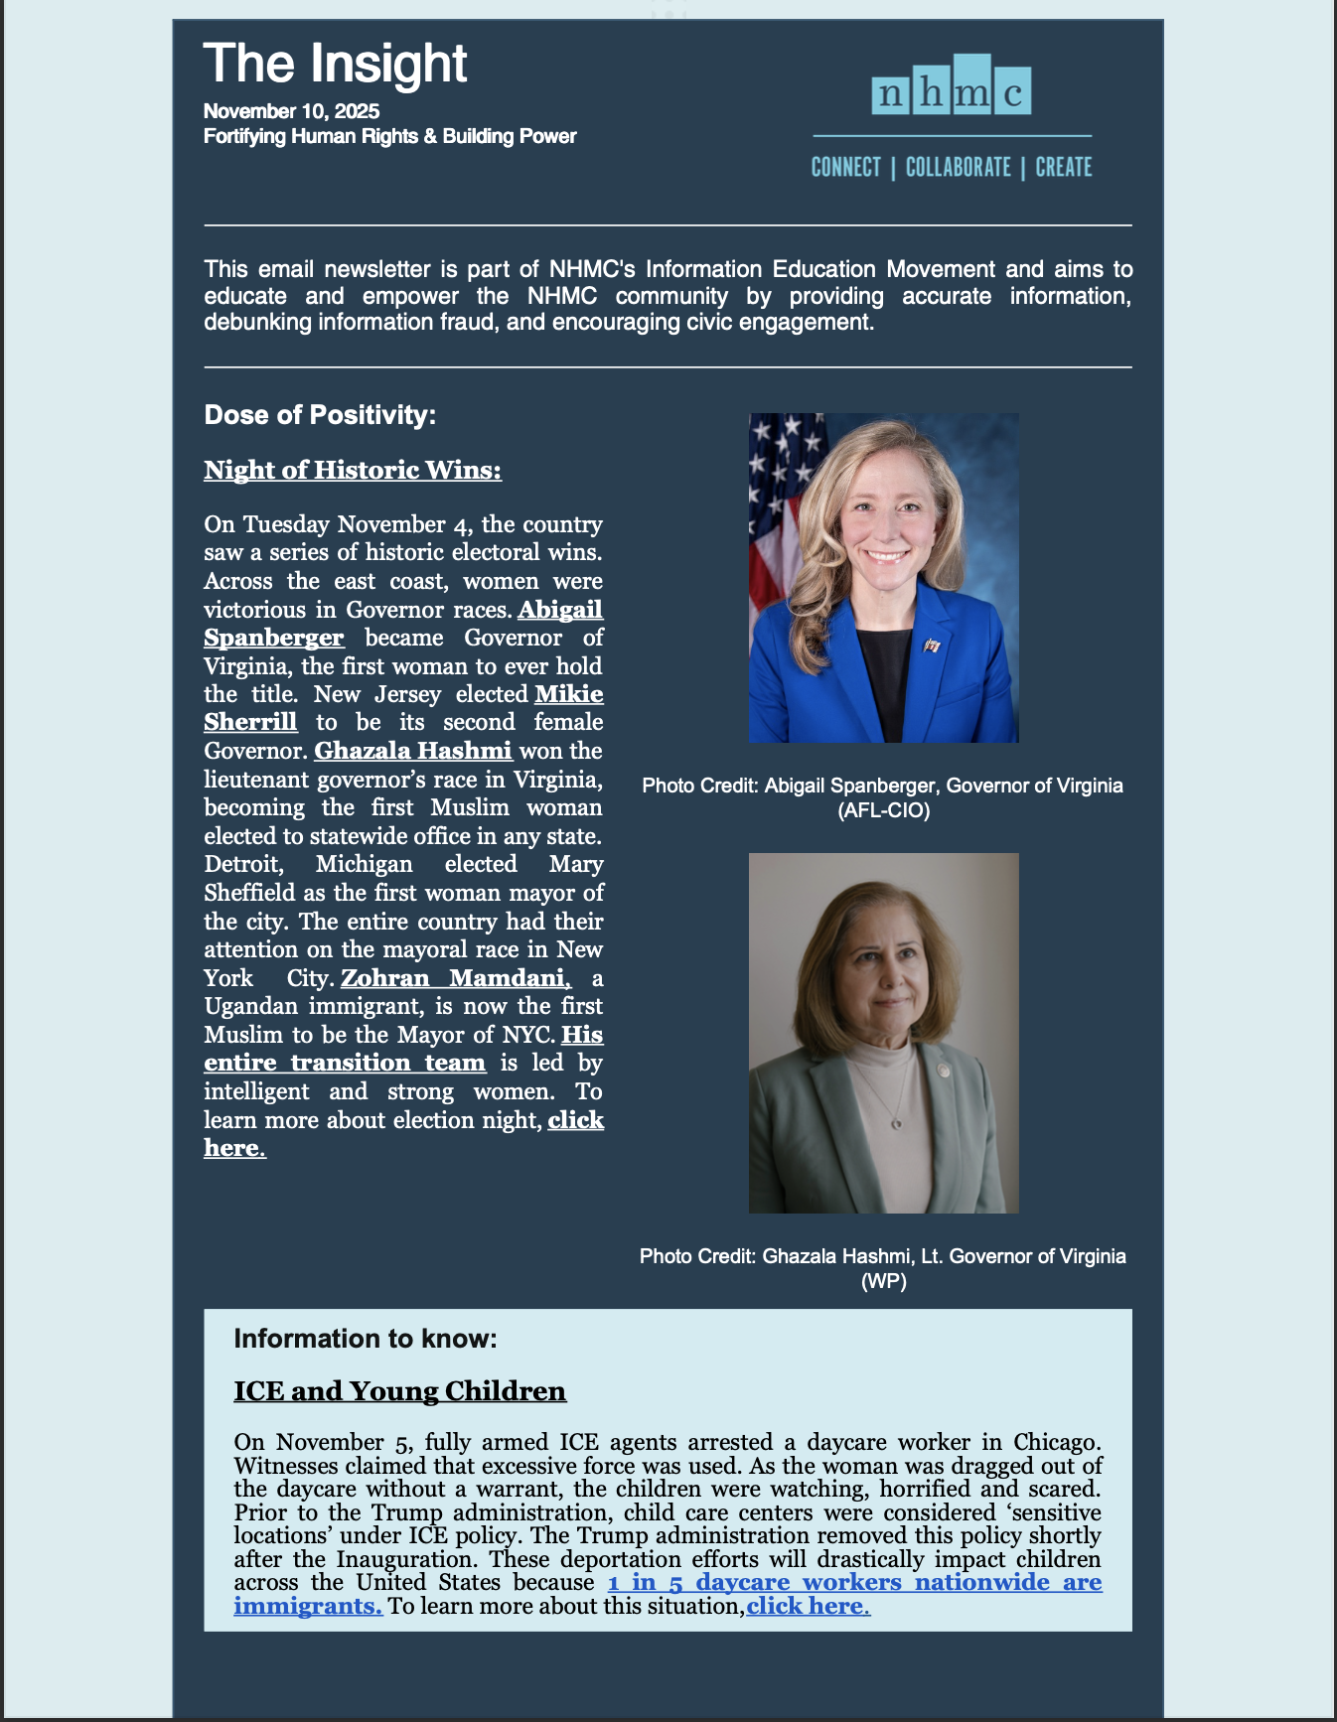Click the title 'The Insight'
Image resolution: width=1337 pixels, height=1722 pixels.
tap(335, 65)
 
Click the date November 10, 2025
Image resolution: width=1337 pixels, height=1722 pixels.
tap(291, 111)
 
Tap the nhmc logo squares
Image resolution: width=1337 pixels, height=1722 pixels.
tap(951, 88)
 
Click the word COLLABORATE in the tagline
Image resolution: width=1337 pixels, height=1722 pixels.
tap(958, 168)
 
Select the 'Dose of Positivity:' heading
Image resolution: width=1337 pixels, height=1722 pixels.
tap(320, 415)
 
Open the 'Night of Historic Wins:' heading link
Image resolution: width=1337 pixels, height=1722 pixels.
tap(353, 470)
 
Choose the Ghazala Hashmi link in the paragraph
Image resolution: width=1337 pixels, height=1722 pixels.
tap(413, 751)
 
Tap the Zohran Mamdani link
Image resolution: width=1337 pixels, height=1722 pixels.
tap(455, 978)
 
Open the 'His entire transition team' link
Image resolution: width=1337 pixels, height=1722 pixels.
tap(345, 1063)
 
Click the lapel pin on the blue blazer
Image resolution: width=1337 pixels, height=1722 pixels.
tap(931, 646)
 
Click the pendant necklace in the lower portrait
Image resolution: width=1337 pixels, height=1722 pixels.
tap(896, 1123)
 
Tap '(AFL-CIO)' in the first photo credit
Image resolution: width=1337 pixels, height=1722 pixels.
tap(883, 810)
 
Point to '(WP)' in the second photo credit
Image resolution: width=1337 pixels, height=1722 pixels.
tap(883, 1281)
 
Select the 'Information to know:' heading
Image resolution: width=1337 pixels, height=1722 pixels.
tap(365, 1339)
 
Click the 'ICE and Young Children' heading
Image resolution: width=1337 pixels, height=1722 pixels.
tap(399, 1391)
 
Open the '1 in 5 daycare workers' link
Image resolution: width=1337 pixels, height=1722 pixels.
tap(854, 1582)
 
